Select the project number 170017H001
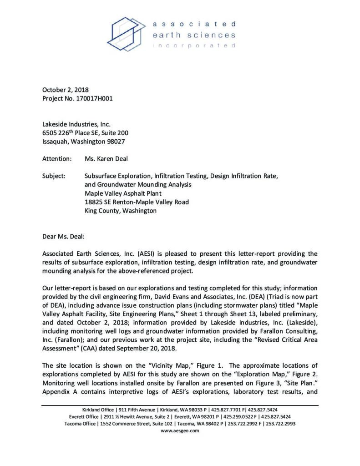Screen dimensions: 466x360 click(91, 98)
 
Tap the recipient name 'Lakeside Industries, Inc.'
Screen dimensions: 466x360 click(76, 124)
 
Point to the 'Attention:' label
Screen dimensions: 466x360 click(57, 159)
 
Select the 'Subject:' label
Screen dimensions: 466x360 click(54, 176)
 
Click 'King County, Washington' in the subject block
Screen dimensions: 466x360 click(121, 211)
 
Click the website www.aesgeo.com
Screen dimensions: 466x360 click(180, 430)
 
